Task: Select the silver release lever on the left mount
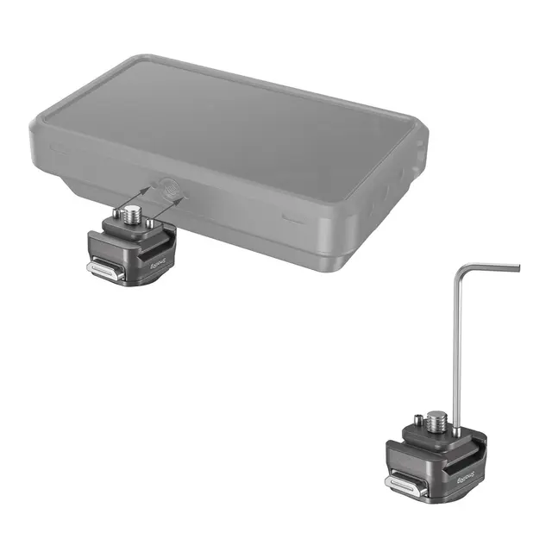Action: pyautogui.click(x=103, y=269)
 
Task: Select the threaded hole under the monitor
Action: pyautogui.click(x=169, y=186)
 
